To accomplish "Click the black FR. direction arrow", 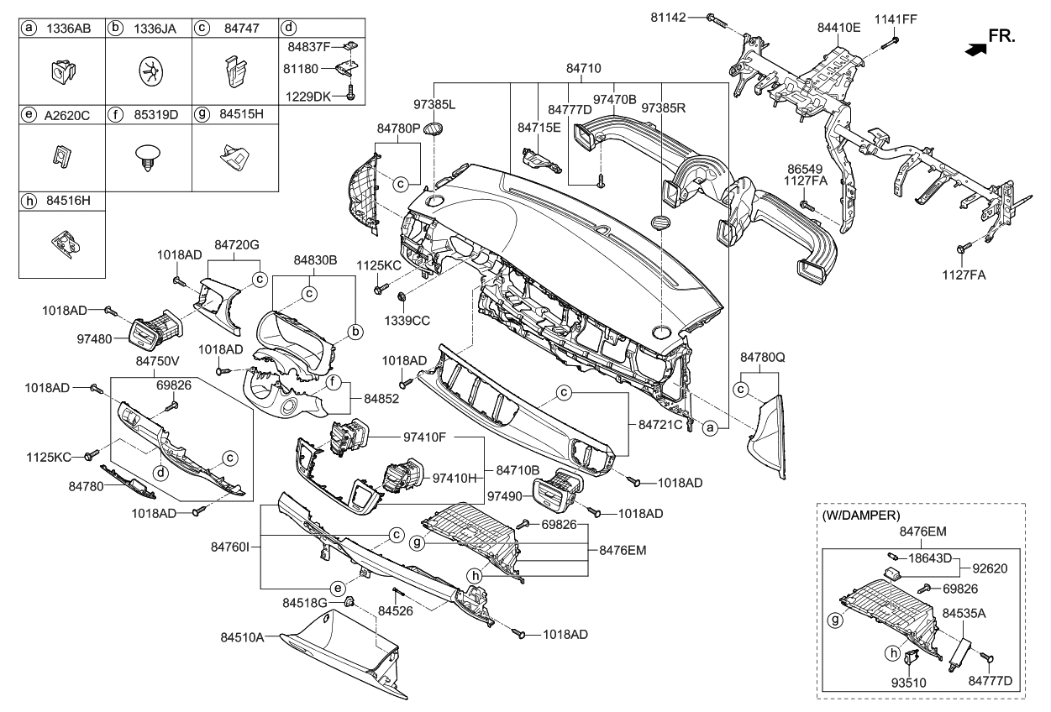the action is pos(975,50).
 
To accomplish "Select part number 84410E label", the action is pos(839,28).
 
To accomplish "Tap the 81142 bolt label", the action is pos(668,18).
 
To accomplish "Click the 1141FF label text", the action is pos(896,19).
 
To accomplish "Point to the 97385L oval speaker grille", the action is pos(433,128).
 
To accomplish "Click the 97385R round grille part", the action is pos(660,222).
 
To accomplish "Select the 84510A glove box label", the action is pos(242,637).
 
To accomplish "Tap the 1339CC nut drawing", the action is pos(402,296).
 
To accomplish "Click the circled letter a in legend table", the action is pos(29,29).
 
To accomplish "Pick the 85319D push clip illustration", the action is pos(148,159).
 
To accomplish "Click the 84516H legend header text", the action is pos(69,201).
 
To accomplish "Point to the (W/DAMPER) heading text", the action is pos(861,516).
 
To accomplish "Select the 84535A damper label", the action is pos(964,613).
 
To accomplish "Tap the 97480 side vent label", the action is pos(95,338).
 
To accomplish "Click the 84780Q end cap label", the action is pos(763,358).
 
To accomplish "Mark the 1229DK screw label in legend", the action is pos(308,97).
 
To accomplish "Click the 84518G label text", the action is pos(305,603).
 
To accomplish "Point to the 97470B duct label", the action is pos(615,99).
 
